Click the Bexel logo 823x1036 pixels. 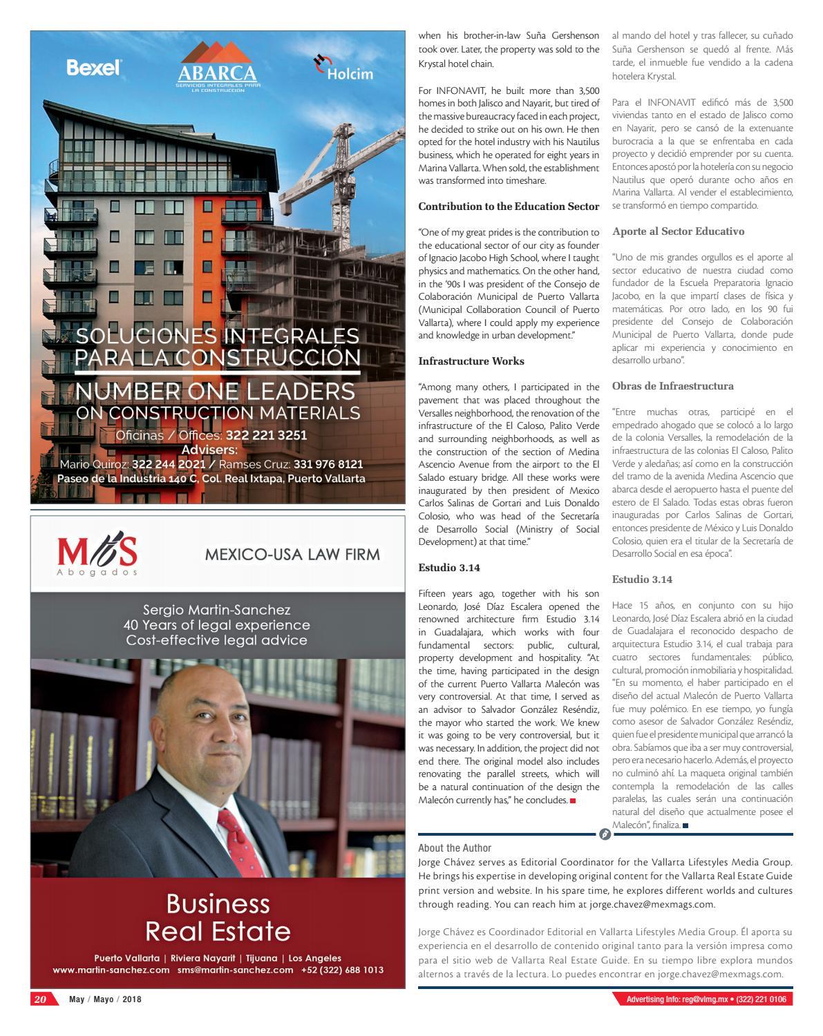click(94, 67)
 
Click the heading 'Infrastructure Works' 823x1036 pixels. click(471, 361)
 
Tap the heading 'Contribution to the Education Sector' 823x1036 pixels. click(509, 207)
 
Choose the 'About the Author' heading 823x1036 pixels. click(455, 848)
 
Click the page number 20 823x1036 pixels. click(40, 999)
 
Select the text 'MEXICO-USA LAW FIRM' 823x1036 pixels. click(292, 555)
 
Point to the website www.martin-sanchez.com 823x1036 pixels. click(111, 970)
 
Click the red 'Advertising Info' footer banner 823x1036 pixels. click(702, 999)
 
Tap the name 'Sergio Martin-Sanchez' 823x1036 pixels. click(217, 610)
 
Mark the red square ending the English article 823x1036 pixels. click(573, 800)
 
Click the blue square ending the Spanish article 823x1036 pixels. click(685, 825)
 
